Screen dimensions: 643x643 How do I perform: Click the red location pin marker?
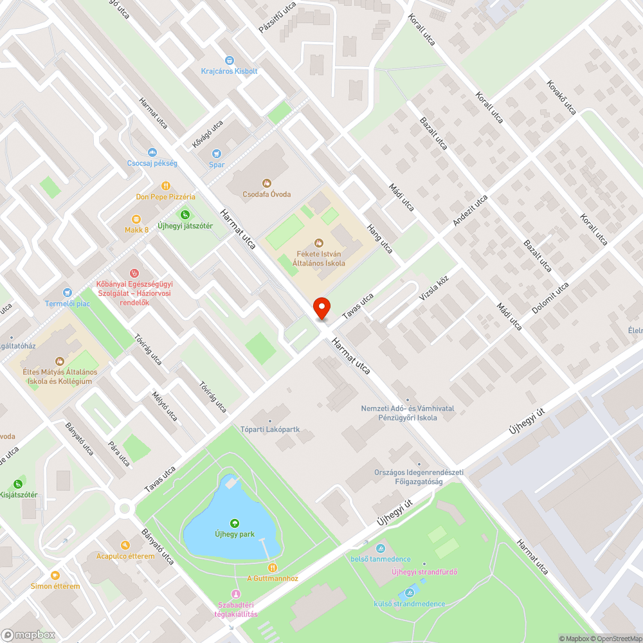coord(321,308)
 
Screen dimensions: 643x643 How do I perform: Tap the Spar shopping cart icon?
coord(217,153)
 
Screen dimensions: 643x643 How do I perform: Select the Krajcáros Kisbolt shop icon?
coord(230,60)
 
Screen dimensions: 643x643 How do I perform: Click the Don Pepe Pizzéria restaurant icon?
coord(165,185)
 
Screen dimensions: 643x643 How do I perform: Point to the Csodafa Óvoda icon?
coord(267,183)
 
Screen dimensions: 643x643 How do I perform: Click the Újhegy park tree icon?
coord(234,523)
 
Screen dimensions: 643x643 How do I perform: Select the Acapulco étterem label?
coord(125,556)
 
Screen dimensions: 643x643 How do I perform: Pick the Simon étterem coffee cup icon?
coord(55,575)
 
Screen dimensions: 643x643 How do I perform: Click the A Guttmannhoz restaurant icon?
coord(273,567)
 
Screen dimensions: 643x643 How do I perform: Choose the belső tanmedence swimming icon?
coord(381,548)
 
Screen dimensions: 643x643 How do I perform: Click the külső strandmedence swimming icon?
coord(408,593)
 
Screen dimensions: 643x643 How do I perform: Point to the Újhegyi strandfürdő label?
coord(425,572)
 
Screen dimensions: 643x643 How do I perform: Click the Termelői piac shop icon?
coord(66,293)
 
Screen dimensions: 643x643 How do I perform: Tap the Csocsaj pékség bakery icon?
coord(152,152)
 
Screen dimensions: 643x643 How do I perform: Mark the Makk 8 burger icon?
coord(136,219)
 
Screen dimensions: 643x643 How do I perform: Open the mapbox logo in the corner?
coord(29,635)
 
